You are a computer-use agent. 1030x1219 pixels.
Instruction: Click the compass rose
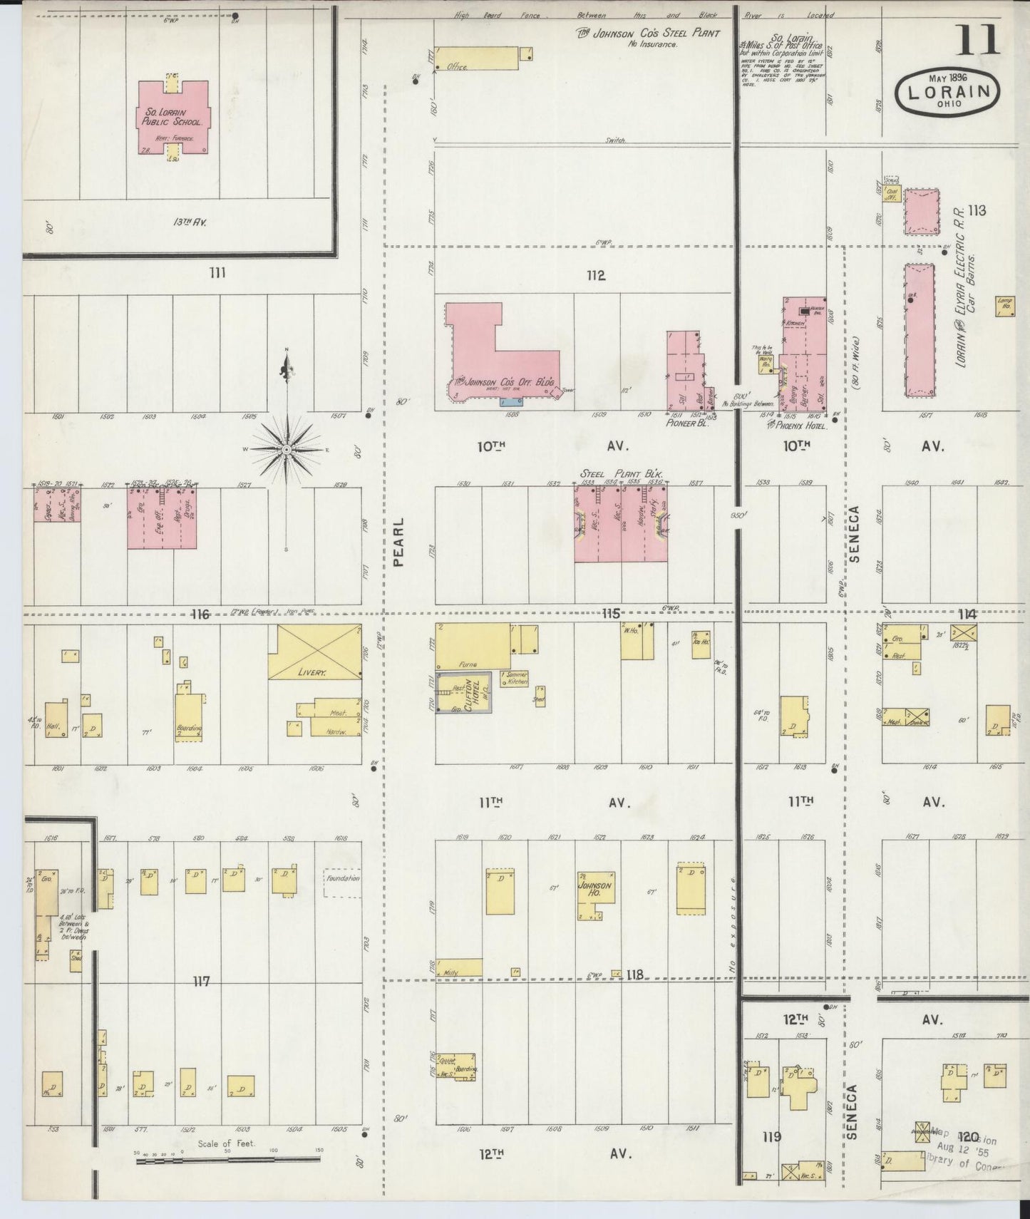(x=286, y=449)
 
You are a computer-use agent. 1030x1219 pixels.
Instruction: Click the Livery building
(x=314, y=652)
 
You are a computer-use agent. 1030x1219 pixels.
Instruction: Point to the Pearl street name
(x=398, y=542)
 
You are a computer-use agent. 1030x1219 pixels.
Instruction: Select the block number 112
(x=596, y=276)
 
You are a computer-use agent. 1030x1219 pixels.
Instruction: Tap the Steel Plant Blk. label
(x=622, y=473)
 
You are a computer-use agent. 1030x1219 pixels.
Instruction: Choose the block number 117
(x=201, y=982)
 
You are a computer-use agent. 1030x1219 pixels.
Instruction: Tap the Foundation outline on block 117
(x=343, y=882)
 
